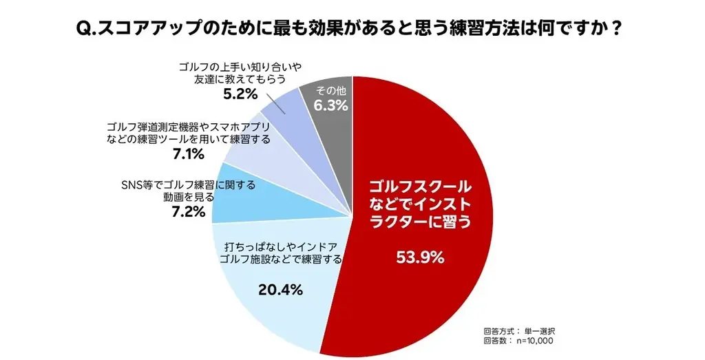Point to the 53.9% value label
420,258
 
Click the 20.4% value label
281,290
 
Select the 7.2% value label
188,211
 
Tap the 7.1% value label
188,154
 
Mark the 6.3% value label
330,106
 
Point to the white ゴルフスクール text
420,187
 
